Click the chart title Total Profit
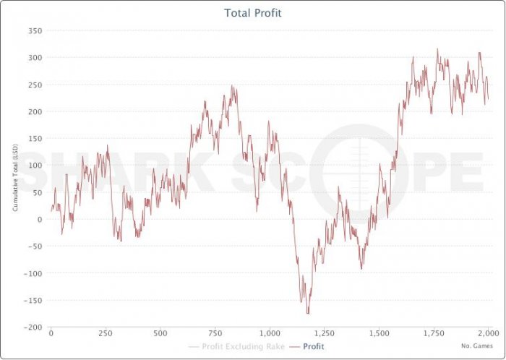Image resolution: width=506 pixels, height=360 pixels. tap(253, 13)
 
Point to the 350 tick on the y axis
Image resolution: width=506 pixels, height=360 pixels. tap(34, 31)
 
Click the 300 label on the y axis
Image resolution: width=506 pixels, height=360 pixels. tap(34, 58)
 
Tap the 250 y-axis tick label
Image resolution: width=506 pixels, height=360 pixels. tap(34, 85)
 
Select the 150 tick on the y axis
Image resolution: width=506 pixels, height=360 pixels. tap(34, 139)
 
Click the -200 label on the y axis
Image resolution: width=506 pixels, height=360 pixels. tap(33, 327)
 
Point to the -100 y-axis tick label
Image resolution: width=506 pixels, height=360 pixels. tap(33, 273)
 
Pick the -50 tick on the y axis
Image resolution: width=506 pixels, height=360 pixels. tap(35, 247)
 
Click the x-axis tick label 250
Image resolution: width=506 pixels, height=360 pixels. tap(106, 334)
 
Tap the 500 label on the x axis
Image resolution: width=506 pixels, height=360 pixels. tap(160, 334)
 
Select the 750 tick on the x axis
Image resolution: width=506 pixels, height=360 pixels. tap(215, 334)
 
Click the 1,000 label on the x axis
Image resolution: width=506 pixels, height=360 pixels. tap(269, 334)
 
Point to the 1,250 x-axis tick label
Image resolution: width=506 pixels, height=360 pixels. tap(324, 334)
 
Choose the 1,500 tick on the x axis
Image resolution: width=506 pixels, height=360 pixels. tap(378, 334)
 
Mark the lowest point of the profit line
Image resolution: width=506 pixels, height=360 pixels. tap(308, 314)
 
